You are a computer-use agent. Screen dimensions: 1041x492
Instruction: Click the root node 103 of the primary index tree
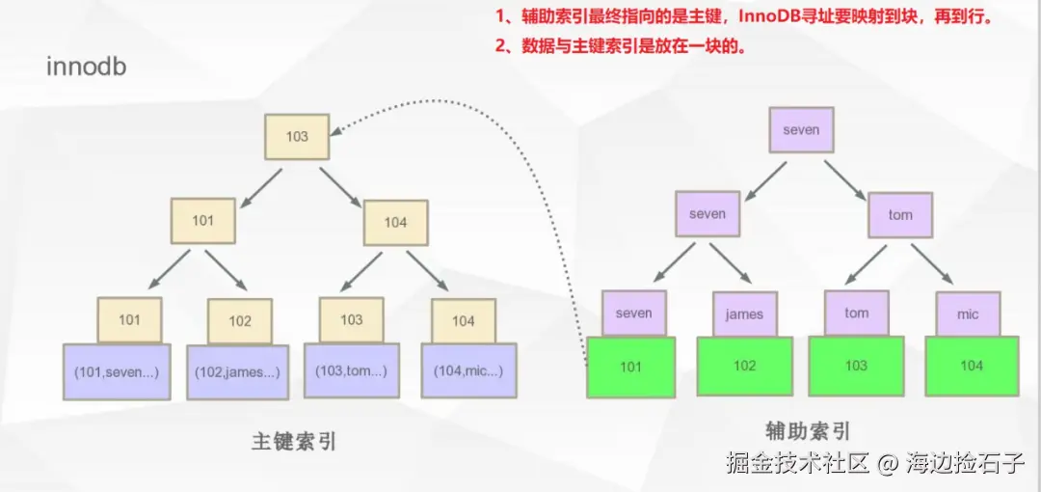(297, 136)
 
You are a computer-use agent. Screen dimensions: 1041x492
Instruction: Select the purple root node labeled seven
(801, 129)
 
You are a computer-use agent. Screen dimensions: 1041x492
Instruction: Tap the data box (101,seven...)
(117, 371)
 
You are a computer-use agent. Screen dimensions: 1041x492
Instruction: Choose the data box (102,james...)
(238, 372)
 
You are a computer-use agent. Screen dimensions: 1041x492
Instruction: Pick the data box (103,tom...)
(351, 370)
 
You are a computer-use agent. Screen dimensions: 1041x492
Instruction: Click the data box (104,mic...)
(468, 370)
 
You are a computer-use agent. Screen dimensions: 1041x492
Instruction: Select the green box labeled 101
(630, 367)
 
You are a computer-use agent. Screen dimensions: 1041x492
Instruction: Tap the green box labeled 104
(972, 367)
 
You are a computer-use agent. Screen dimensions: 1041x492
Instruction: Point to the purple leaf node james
(745, 314)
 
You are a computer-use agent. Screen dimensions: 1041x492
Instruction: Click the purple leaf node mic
(969, 314)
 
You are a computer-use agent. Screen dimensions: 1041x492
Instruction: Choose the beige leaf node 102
(240, 321)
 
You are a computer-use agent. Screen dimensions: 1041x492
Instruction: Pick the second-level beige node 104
(396, 223)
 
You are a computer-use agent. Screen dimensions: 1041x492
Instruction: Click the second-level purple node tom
(900, 214)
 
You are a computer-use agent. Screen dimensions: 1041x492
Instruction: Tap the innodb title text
(87, 68)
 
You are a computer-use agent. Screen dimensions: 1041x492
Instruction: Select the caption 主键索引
(294, 442)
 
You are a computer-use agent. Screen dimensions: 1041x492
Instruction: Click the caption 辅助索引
(808, 431)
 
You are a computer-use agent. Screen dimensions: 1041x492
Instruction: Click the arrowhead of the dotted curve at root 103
(336, 130)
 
